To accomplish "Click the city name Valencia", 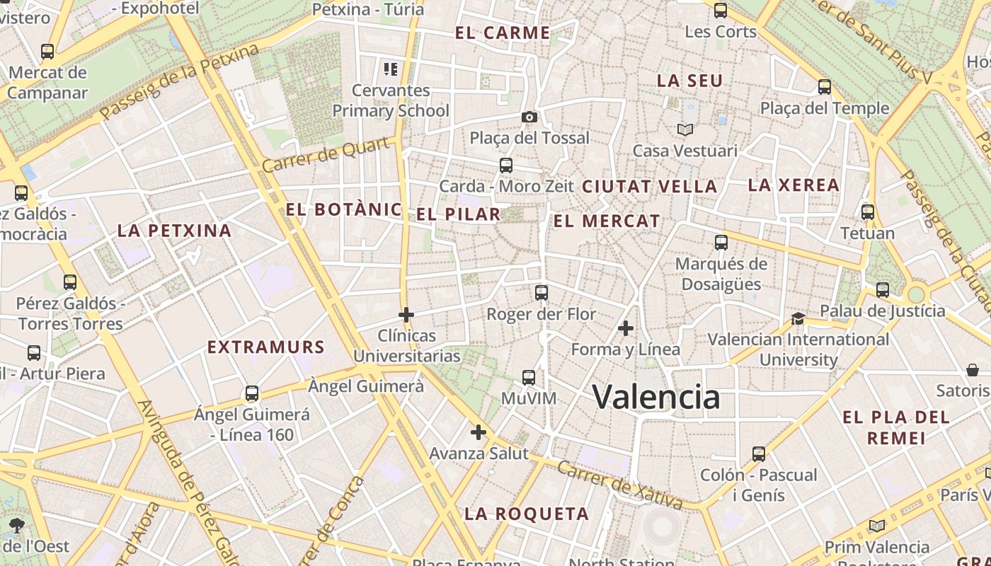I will point(655,396).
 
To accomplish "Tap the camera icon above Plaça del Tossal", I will point(529,117).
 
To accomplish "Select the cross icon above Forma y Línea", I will point(626,328).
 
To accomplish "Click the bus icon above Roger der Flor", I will point(542,292).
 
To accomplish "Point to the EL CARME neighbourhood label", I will point(503,33).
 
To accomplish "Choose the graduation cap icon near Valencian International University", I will point(798,318).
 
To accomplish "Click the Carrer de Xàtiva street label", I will point(619,485).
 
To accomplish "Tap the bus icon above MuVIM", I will point(529,378).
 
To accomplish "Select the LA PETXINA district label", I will point(174,231).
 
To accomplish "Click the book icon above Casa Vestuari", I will point(684,129).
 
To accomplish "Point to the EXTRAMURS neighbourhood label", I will point(265,347).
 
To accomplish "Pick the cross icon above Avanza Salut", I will point(479,432).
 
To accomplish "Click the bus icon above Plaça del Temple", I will point(825,87).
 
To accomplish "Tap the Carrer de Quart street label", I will point(327,155).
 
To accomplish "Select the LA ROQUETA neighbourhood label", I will point(527,514).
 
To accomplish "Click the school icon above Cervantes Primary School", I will point(391,69).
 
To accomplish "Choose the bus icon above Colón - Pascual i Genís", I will point(759,454).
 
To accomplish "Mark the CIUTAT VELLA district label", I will point(649,187).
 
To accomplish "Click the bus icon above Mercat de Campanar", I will point(47,52).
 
